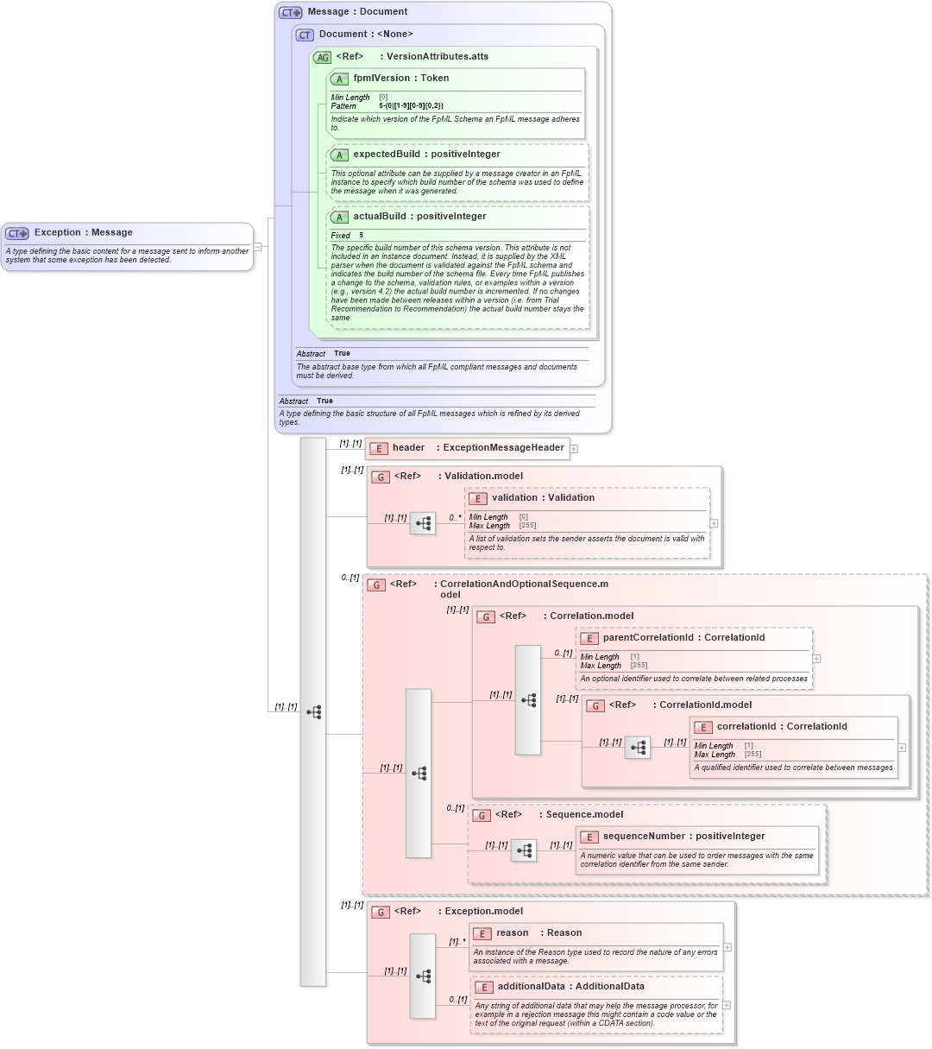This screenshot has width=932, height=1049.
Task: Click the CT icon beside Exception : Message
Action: pos(16,233)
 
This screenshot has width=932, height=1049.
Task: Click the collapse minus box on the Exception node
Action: pos(257,247)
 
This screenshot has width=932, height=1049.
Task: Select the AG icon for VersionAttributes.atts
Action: pos(322,57)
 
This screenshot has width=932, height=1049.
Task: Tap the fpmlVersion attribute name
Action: pos(381,79)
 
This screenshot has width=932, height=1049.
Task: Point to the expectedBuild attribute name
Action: pos(387,155)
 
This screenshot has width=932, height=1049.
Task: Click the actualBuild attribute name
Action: pos(379,217)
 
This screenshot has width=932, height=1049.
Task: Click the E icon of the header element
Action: pos(378,448)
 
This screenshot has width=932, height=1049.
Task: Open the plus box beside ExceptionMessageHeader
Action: pos(574,449)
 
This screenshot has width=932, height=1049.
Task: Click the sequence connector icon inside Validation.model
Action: pos(423,523)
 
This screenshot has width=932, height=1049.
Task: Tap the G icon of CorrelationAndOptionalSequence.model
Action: pos(376,585)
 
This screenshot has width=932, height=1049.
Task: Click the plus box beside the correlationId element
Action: pos(902,748)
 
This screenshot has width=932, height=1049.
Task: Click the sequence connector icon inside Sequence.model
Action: pos(524,850)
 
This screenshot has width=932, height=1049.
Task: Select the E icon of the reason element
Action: pos(482,933)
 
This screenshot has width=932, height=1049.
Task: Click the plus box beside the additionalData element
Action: pos(727,1005)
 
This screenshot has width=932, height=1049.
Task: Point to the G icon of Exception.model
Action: pos(381,912)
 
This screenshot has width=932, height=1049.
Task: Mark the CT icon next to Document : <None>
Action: pos(305,35)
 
